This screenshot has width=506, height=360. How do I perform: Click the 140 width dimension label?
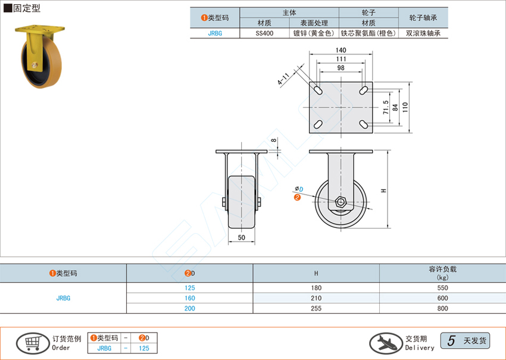(341, 50)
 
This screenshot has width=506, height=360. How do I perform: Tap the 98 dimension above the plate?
(341, 68)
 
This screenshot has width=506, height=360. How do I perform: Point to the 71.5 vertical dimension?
(386, 107)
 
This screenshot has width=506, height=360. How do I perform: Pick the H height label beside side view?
(383, 190)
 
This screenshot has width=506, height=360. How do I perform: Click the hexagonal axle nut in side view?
(341, 201)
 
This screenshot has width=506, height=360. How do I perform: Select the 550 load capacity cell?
(442, 289)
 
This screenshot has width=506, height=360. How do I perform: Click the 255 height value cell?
(316, 308)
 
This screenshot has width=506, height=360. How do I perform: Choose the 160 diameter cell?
(190, 298)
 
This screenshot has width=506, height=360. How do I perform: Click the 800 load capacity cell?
(442, 308)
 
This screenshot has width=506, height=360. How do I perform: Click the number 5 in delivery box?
(451, 340)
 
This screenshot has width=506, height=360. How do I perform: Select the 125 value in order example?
(144, 348)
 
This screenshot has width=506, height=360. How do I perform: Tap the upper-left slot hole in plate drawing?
(318, 91)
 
